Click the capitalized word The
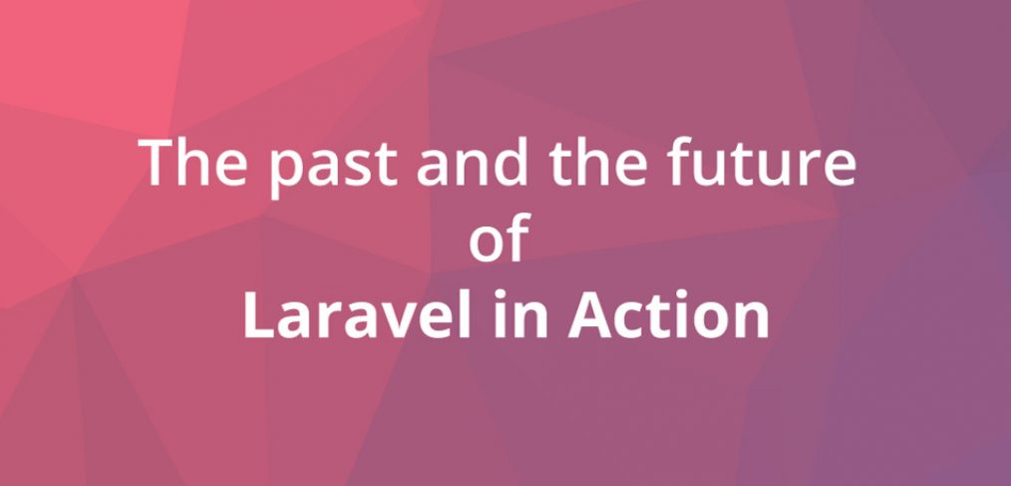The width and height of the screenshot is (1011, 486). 192,162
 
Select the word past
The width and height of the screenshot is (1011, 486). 333,168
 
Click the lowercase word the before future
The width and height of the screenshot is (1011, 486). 598,162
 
